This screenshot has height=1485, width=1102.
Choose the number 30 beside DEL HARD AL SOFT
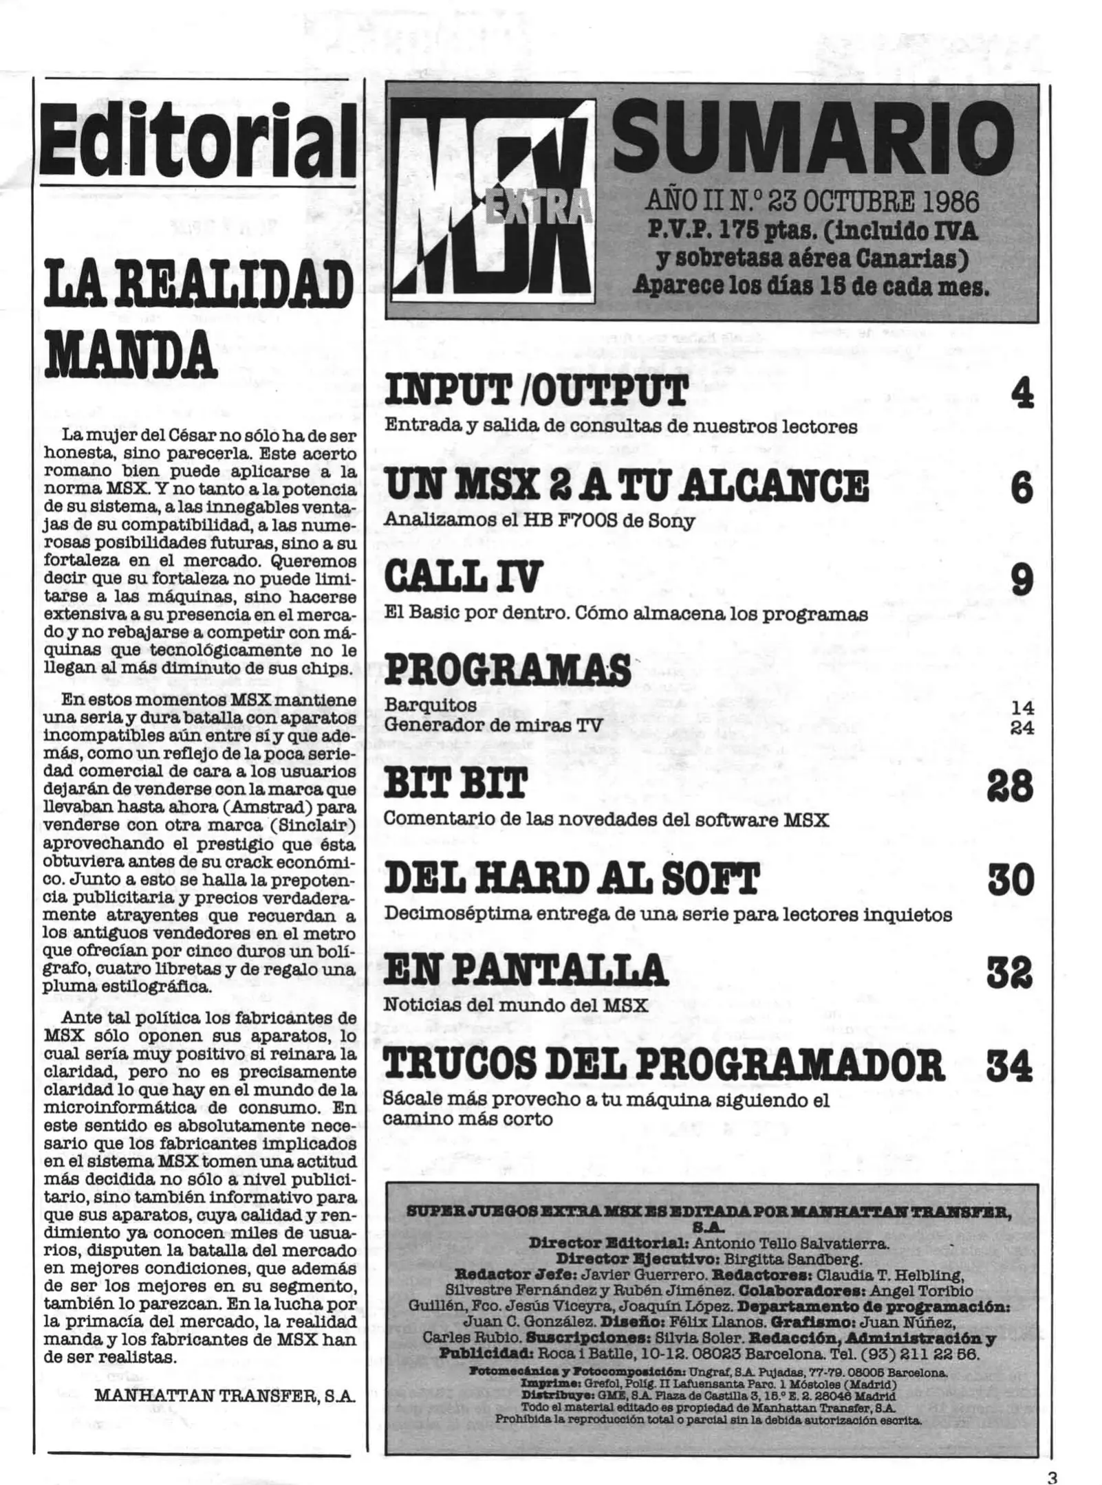coord(1011,880)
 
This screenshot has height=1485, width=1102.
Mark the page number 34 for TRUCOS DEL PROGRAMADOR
coord(1009,1067)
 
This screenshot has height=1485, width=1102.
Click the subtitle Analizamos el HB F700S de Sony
coord(539,521)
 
